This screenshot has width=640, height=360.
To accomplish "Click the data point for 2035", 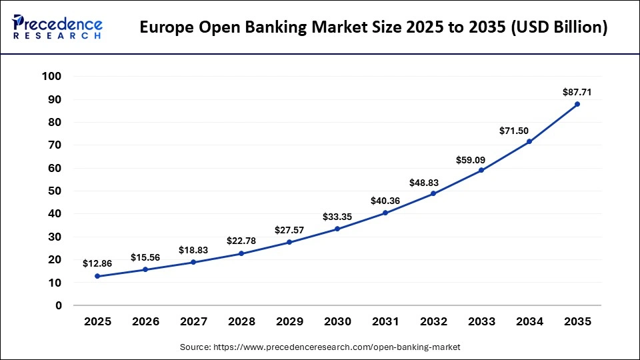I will [x=577, y=104].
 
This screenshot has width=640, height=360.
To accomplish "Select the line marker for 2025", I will [x=97, y=276].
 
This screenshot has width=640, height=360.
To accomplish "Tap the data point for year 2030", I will [x=337, y=229].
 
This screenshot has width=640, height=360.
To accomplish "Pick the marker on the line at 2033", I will [x=481, y=170].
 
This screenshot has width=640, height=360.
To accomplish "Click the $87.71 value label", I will [x=577, y=91].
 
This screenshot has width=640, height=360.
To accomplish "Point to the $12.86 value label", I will [x=97, y=263].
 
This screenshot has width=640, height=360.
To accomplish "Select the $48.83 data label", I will [x=433, y=181].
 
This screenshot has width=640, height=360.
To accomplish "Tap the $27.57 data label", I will [x=289, y=230].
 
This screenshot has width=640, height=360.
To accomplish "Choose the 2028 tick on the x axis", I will [x=241, y=321].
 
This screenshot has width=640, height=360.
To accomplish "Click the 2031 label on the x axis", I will [x=385, y=321].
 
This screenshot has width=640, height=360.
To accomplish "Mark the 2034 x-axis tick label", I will [x=529, y=321].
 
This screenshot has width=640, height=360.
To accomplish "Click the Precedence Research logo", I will [x=57, y=27].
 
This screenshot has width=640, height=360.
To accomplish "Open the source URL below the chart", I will [x=320, y=347].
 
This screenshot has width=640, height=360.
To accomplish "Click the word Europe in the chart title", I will [x=165, y=28].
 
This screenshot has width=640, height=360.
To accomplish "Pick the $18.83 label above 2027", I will [x=193, y=250].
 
